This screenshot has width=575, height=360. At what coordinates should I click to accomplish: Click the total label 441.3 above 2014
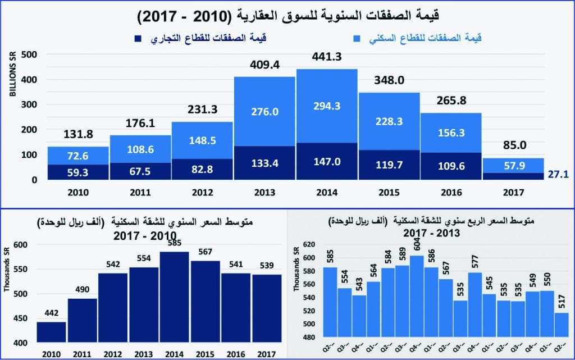click(x=327, y=57)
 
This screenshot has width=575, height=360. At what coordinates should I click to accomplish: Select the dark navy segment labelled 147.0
click(x=327, y=161)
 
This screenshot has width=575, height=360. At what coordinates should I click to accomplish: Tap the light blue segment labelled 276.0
click(x=264, y=111)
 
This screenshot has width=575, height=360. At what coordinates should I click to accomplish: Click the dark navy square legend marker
click(x=137, y=39)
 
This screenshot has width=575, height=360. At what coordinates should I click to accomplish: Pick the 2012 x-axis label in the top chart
click(x=202, y=192)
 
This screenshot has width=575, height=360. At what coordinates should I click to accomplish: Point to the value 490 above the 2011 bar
click(x=82, y=289)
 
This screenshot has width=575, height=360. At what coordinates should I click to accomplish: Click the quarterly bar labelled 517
click(x=562, y=326)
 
